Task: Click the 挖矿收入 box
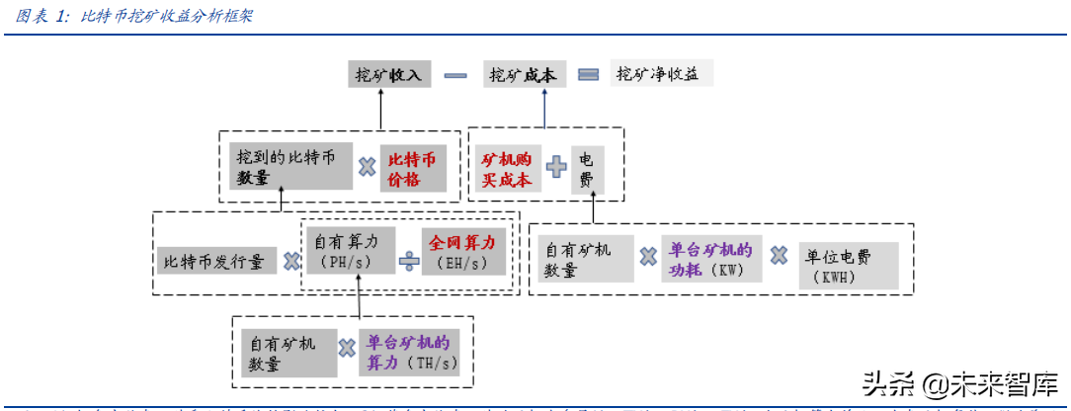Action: click(387, 75)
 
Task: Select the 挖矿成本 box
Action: click(523, 75)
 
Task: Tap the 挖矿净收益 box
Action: click(662, 74)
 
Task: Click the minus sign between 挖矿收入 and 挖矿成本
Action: click(455, 75)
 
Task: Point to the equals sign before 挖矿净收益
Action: click(589, 75)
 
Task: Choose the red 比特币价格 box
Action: click(416, 169)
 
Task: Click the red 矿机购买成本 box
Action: click(506, 169)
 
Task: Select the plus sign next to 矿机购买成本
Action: click(556, 169)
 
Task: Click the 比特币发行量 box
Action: click(215, 262)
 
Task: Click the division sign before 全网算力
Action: click(409, 261)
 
